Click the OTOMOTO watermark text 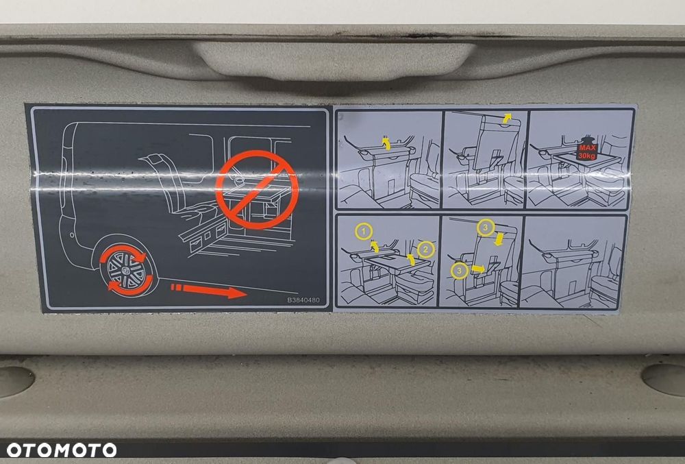pos(62,450)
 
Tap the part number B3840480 pos(303,300)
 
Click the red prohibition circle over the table pos(257,190)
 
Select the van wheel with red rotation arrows pos(127,270)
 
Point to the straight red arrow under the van pos(208,291)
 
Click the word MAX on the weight pos(587,147)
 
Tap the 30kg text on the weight pos(587,155)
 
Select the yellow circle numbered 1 pos(364,231)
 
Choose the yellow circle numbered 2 pos(425,249)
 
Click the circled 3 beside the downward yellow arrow pos(486,227)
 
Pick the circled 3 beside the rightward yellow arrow pos(459,271)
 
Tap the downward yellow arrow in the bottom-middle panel pos(499,239)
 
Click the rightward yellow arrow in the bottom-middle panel pos(478,269)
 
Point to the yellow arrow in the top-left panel pos(386,143)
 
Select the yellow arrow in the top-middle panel pos(506,117)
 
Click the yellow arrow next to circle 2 pos(410,260)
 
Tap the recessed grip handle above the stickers pos(336,61)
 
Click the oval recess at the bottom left pos(15,381)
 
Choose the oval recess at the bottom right pos(664,379)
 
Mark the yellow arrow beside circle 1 pos(375,247)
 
